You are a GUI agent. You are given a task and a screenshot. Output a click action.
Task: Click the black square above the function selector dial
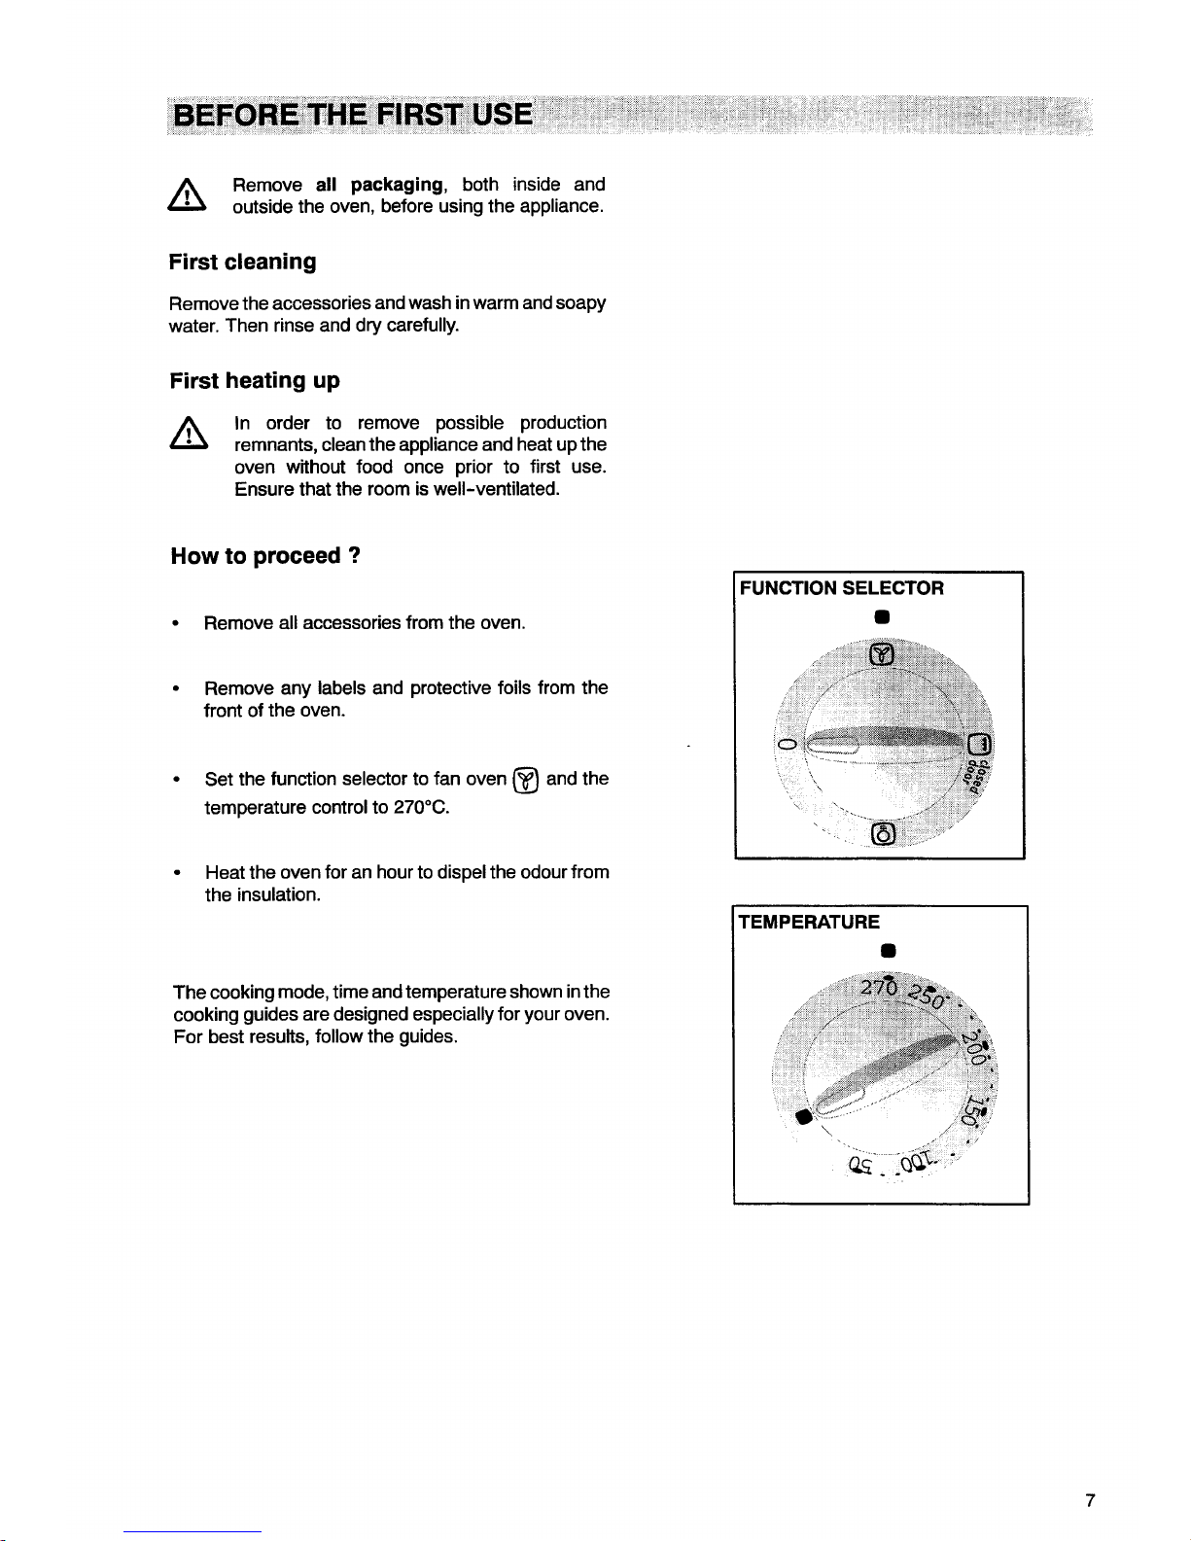(x=878, y=616)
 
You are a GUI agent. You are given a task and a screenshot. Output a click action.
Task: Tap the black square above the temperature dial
(x=879, y=950)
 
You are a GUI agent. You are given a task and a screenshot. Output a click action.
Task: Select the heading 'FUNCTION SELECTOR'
(x=842, y=588)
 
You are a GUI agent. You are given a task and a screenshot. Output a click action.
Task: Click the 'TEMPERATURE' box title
(x=810, y=922)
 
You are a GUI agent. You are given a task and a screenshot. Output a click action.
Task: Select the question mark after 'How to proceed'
(x=355, y=556)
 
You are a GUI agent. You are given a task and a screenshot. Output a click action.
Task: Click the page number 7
(x=1090, y=1501)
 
